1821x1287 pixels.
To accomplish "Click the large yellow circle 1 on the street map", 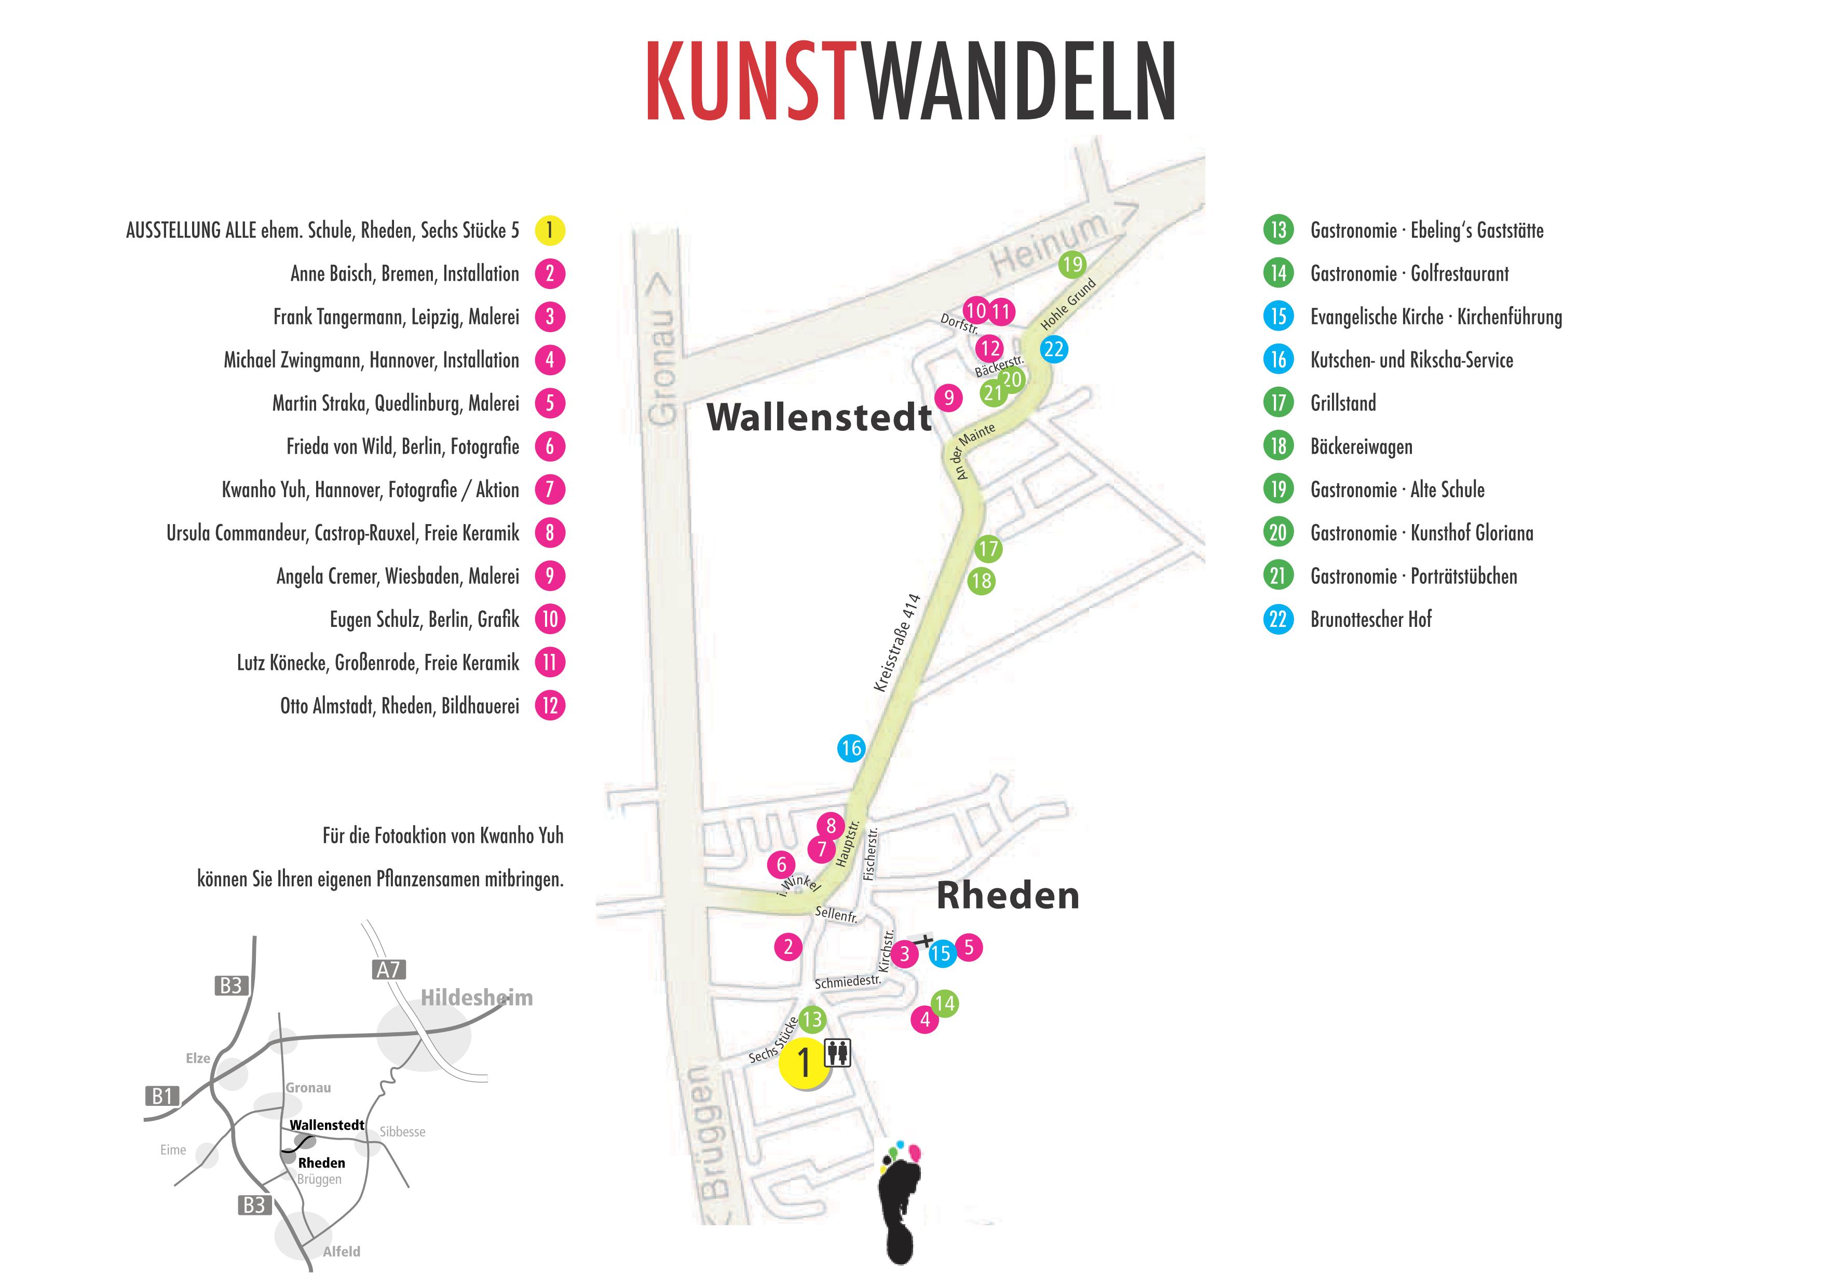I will click(804, 1063).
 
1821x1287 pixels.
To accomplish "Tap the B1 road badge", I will click(162, 1096).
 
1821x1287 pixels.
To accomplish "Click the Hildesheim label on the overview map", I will click(476, 997).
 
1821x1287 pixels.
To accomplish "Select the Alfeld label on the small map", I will click(341, 1251).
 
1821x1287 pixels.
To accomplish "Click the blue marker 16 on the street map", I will click(851, 748).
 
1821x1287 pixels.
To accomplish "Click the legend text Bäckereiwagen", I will click(1361, 446).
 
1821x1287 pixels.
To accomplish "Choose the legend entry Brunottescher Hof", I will click(1370, 619).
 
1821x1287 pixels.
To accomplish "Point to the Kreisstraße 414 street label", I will click(896, 643).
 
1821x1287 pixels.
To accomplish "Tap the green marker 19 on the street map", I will click(1071, 264).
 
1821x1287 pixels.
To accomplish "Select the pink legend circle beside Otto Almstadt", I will click(550, 706).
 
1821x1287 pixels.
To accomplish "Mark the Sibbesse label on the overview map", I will click(402, 1132).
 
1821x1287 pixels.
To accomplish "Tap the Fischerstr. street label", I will click(870, 854).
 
